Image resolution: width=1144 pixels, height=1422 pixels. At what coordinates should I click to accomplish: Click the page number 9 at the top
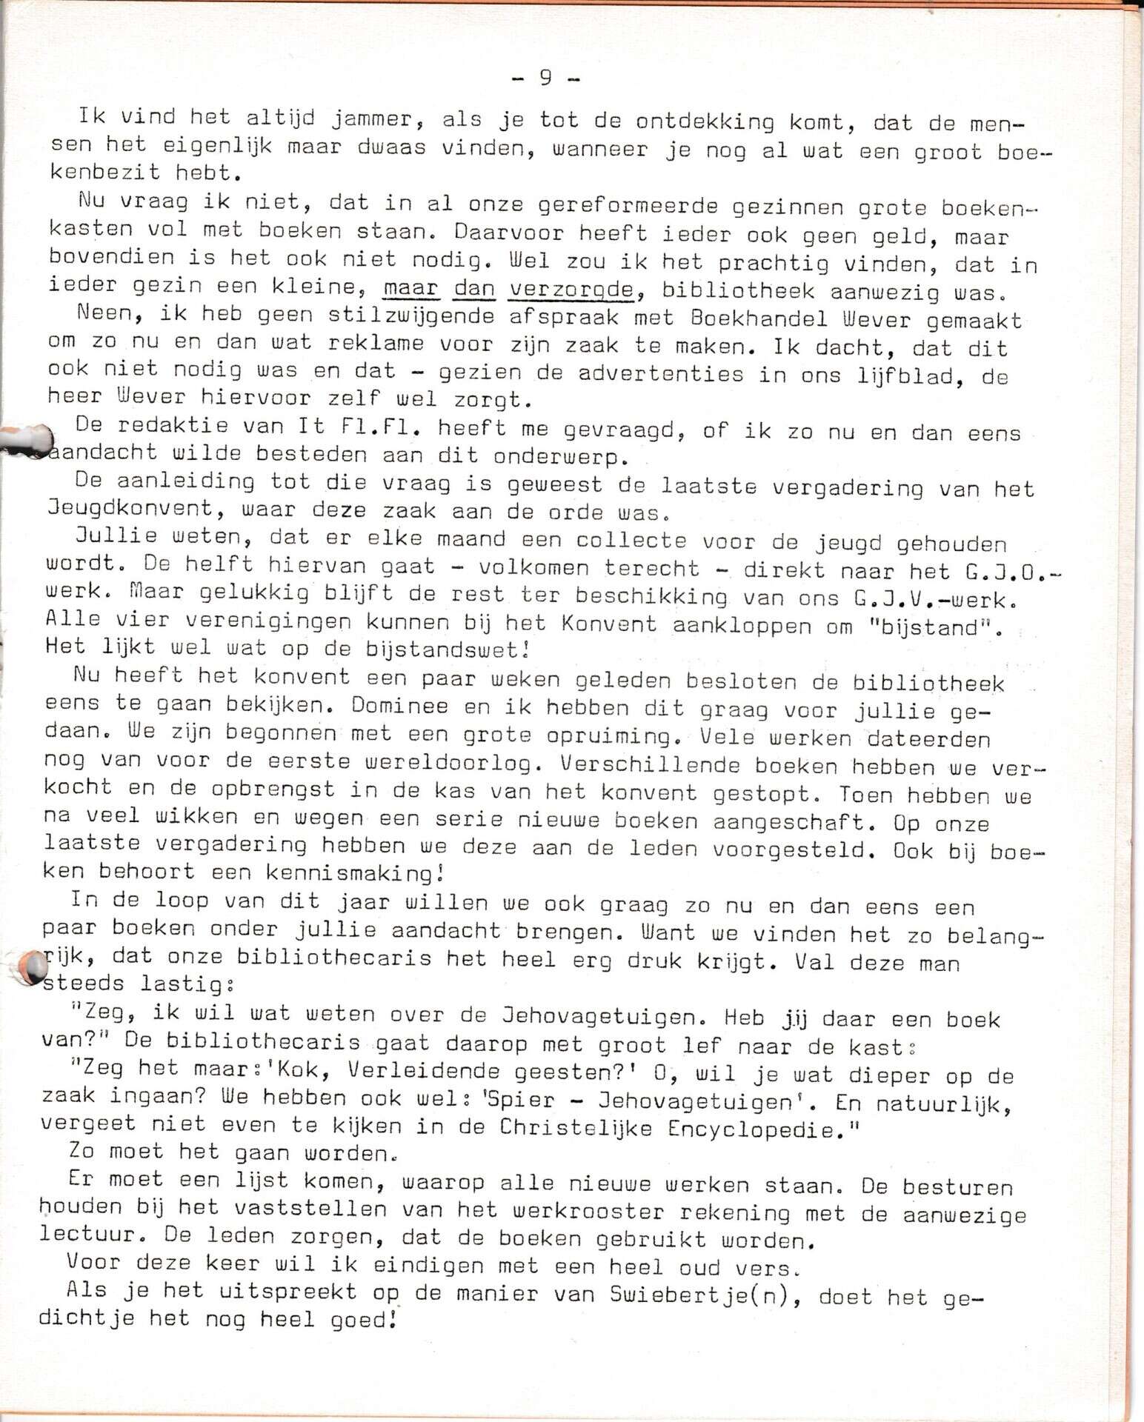[545, 78]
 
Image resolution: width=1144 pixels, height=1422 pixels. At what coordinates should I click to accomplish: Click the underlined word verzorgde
[571, 289]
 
